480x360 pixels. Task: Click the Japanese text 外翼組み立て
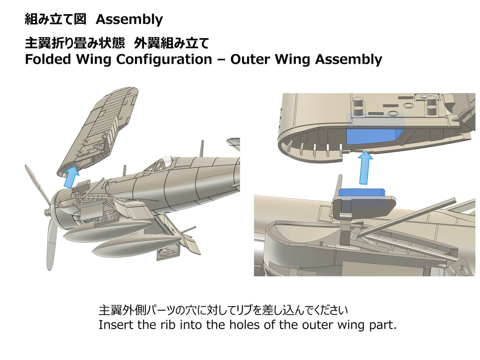[171, 44]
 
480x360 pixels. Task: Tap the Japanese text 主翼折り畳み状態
[75, 44]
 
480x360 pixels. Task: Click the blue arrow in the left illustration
[70, 177]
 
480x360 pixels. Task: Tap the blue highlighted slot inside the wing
[373, 136]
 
